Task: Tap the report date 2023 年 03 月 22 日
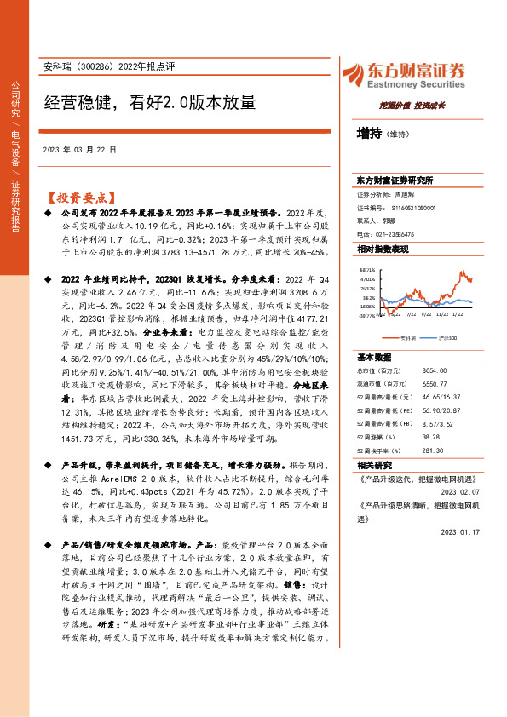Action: [79, 149]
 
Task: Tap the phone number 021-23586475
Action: [409, 233]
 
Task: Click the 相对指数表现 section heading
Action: [383, 249]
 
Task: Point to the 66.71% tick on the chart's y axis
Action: [367, 268]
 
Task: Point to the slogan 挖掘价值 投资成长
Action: [412, 106]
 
